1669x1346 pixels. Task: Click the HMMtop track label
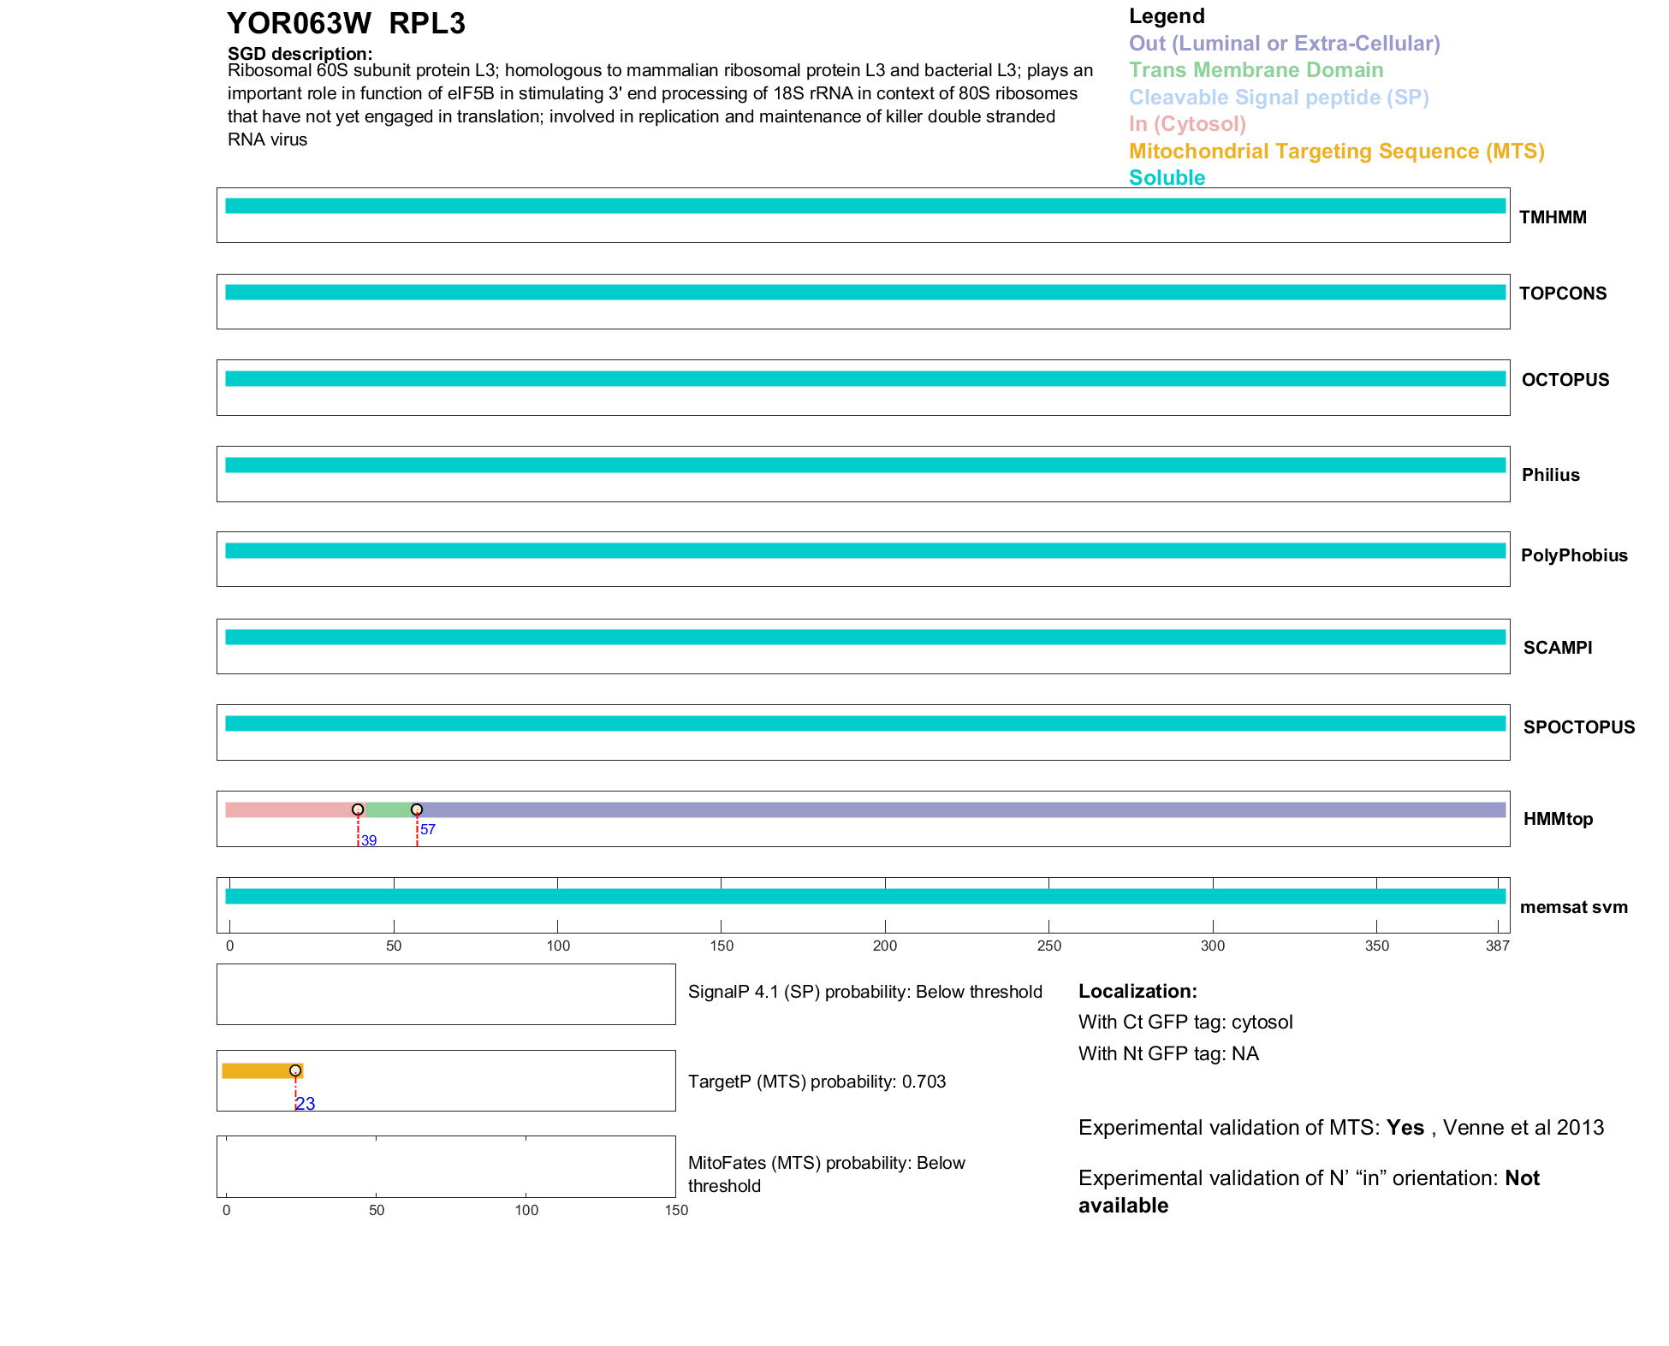[1558, 819]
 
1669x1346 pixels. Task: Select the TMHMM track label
[1553, 217]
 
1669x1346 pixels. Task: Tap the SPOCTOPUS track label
[1578, 727]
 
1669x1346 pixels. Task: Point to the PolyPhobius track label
[1573, 555]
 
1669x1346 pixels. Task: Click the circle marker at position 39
[358, 809]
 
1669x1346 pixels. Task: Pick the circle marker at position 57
[417, 809]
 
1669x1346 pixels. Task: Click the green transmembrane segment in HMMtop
[388, 809]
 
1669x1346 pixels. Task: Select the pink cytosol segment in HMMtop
[289, 809]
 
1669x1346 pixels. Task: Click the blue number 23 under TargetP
[306, 1104]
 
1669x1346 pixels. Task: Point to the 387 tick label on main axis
[1498, 946]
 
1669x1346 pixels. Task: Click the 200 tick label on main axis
[885, 946]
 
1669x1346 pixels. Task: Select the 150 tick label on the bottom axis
[676, 1210]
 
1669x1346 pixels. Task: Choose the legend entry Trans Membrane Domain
[1256, 70]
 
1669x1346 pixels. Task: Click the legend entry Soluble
[1167, 178]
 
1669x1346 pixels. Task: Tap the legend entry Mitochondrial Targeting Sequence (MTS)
[1336, 151]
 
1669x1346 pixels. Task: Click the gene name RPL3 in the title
[426, 24]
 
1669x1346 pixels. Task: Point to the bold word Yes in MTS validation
[1405, 1128]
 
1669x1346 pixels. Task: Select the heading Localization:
[1137, 992]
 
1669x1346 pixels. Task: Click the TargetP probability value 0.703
[924, 1082]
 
